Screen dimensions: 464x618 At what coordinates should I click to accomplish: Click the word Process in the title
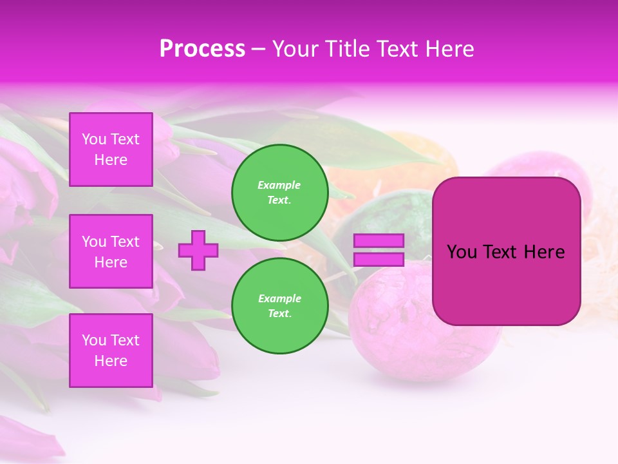[202, 49]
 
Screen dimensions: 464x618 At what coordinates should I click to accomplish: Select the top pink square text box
[111, 150]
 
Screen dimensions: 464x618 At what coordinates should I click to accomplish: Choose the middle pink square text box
[111, 251]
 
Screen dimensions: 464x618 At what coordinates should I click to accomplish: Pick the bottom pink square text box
[111, 351]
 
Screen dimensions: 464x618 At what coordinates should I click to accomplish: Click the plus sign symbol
[198, 250]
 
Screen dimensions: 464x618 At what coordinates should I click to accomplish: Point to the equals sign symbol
[379, 250]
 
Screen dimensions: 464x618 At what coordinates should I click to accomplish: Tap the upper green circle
[280, 192]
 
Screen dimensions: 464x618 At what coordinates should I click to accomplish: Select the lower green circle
[280, 305]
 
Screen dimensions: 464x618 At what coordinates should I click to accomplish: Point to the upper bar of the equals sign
[379, 241]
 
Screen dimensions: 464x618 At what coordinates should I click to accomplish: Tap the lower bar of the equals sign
[379, 260]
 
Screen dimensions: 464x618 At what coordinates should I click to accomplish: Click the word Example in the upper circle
[279, 185]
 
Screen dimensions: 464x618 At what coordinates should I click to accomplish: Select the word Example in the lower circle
[279, 298]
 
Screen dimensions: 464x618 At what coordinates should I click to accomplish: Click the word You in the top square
[94, 139]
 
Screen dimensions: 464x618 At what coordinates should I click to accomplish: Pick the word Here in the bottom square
[111, 361]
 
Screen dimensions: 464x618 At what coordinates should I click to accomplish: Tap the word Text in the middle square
[124, 242]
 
